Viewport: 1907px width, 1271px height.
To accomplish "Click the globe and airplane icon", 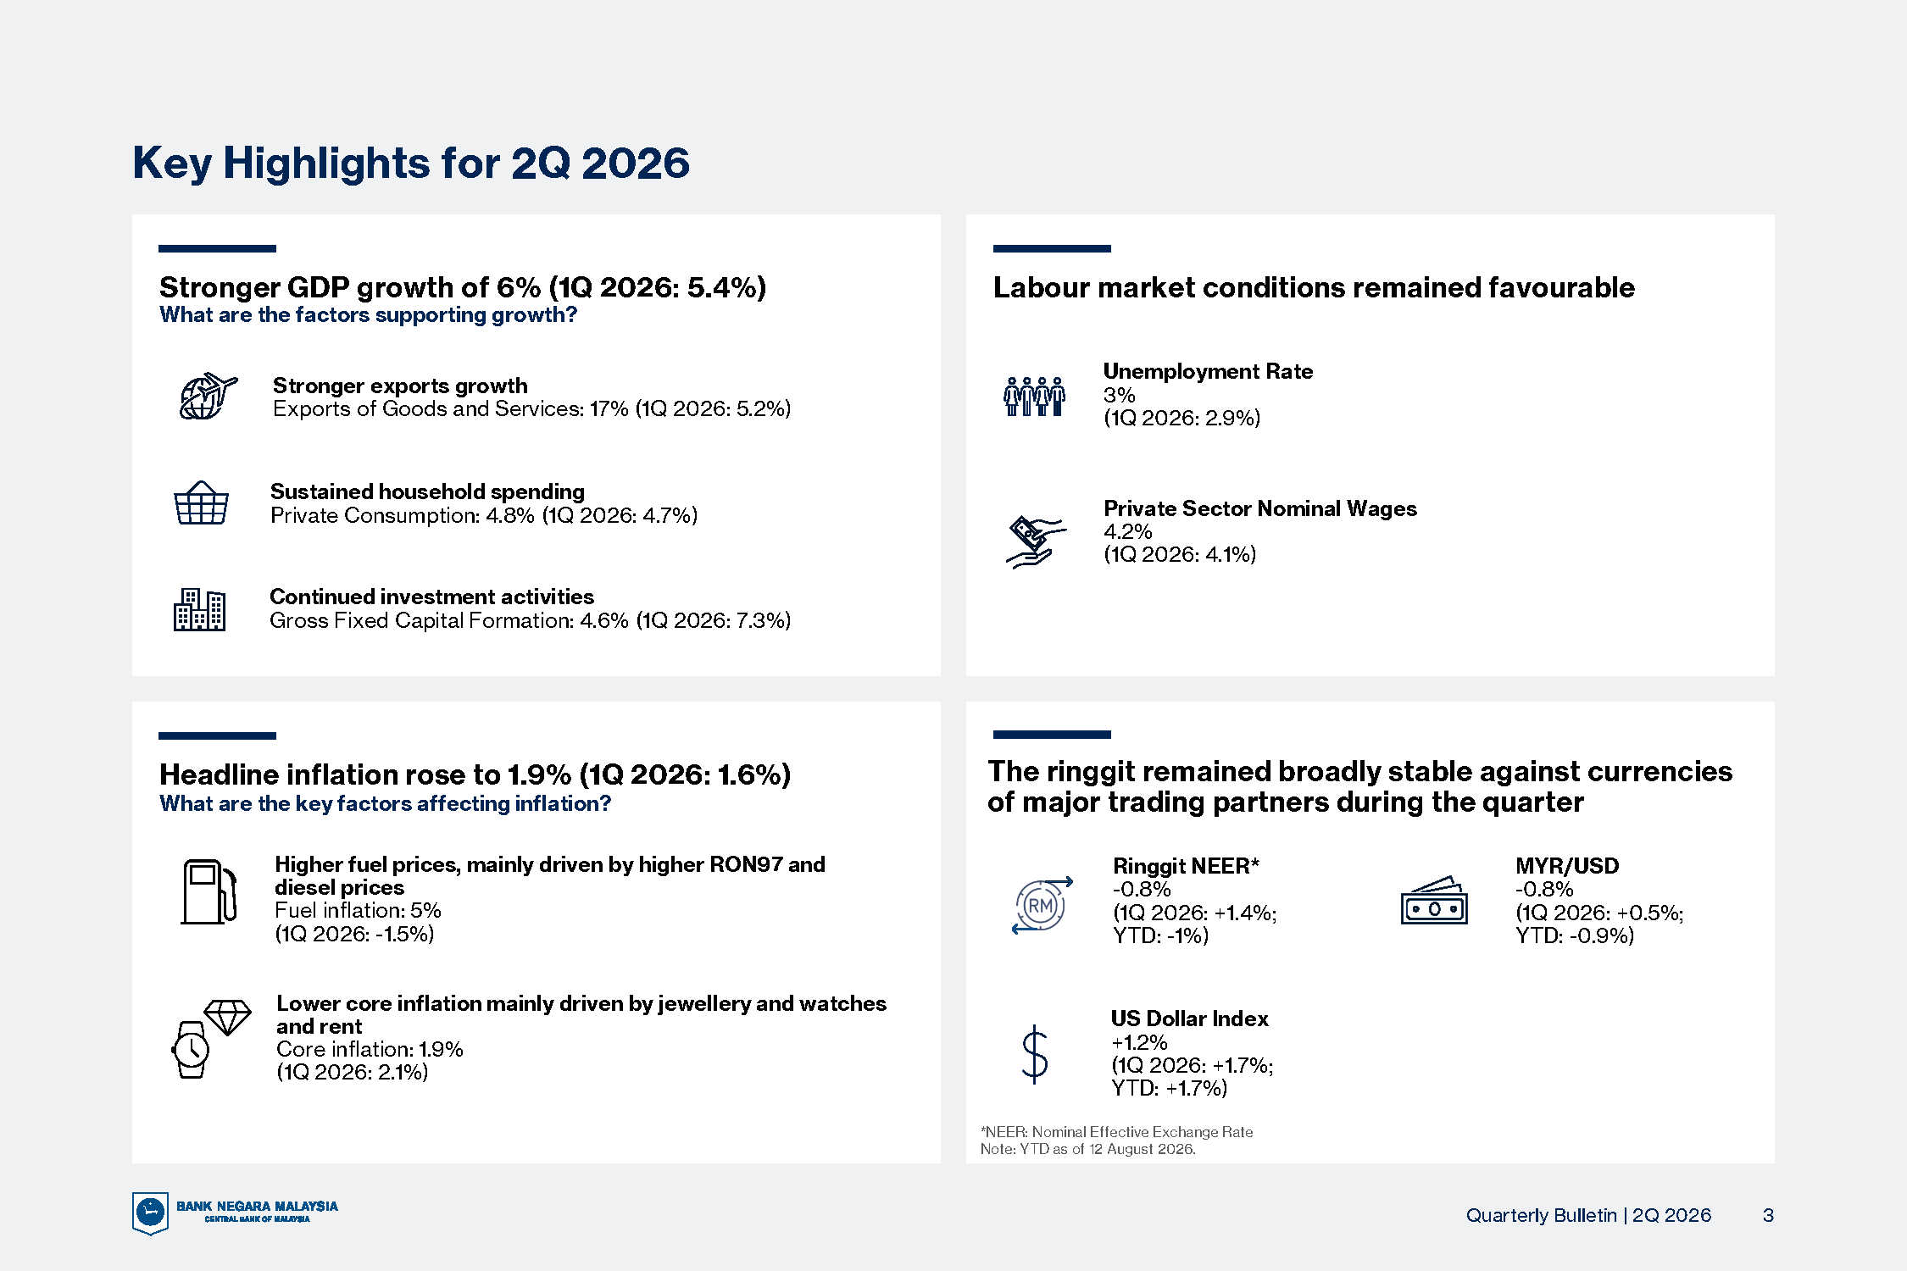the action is coord(208,396).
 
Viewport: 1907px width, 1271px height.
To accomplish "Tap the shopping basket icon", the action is coord(201,503).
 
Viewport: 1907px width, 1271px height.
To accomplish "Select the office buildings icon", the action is coord(199,609).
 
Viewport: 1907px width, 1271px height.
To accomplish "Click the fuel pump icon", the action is coord(208,891).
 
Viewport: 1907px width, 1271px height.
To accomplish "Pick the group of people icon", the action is coord(1034,397).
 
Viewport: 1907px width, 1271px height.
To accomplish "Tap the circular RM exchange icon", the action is coord(1042,905).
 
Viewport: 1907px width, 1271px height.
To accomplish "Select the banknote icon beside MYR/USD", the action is coord(1434,900).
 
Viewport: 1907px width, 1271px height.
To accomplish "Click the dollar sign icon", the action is coord(1035,1054).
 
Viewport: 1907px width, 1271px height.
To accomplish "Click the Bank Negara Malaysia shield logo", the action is coord(150,1213).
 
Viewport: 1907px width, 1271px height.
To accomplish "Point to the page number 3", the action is coord(1768,1215).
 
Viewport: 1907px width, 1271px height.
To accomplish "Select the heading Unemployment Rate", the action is coord(1208,371).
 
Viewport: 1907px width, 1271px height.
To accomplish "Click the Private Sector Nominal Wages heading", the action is coord(1259,508).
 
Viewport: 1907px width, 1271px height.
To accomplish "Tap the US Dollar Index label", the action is coord(1189,1018).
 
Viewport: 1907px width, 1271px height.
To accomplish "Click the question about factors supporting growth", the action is coord(368,315).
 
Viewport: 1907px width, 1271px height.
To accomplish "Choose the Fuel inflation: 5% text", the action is coord(358,911).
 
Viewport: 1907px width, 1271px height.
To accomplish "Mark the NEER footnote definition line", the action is coord(1116,1132).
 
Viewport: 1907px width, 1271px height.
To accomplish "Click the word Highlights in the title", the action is coord(326,164).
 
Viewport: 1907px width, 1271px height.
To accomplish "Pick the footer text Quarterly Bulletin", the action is coord(1541,1215).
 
